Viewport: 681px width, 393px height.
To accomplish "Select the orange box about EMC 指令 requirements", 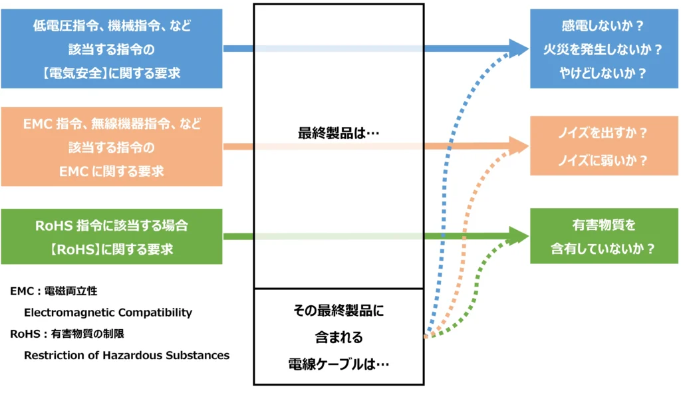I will click(112, 147).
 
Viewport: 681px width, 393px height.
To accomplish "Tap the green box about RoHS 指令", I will click(112, 237).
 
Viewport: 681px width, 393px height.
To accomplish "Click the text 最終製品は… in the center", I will click(339, 133).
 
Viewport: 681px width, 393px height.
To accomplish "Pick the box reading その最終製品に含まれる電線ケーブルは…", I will click(339, 336).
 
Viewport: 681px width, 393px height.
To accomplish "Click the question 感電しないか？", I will click(604, 26).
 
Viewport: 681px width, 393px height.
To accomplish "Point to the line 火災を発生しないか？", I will click(604, 49).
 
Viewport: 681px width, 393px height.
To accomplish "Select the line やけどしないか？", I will click(604, 73).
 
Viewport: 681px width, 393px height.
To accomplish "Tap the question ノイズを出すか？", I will click(604, 132).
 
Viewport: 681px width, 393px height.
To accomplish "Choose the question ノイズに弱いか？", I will click(604, 160).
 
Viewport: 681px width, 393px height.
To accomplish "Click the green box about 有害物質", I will click(604, 236).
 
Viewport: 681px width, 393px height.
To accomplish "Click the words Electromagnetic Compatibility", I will click(108, 313).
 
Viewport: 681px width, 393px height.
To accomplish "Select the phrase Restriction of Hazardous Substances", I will click(126, 355).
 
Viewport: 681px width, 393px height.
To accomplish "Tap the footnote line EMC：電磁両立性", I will click(54, 291).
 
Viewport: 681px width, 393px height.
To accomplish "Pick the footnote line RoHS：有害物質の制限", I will click(67, 334).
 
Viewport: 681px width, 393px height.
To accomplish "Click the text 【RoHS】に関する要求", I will click(112, 249).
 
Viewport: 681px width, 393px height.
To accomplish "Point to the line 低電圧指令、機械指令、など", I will click(112, 26).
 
